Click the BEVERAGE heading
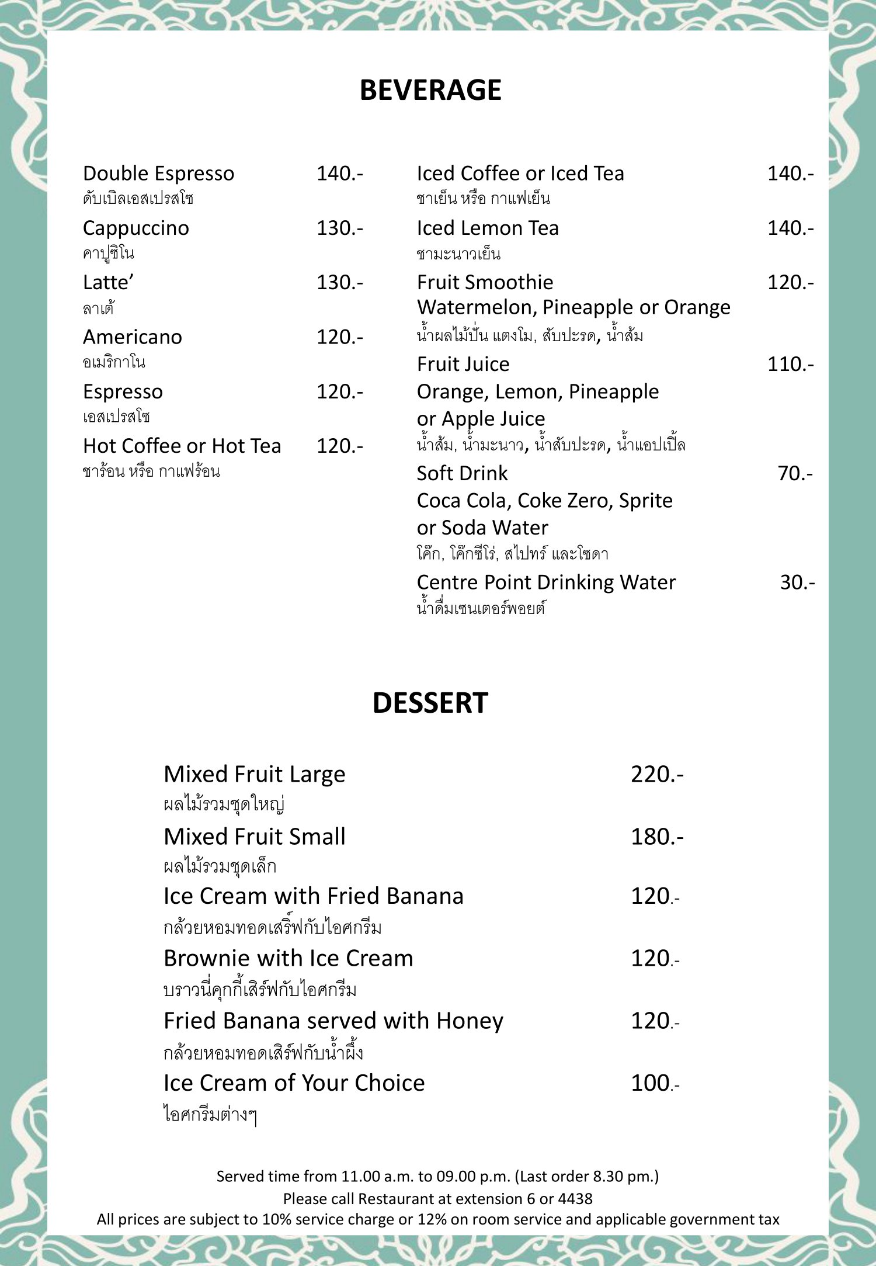[430, 91]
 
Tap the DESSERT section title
[430, 703]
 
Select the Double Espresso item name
[158, 174]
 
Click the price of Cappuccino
[339, 228]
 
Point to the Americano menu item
[133, 337]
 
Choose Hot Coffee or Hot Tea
[182, 446]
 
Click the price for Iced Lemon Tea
[790, 228]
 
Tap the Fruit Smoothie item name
[485, 283]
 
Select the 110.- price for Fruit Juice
[790, 365]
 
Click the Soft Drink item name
[462, 473]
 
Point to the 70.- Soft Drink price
[795, 473]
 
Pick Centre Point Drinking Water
[546, 582]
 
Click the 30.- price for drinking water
[797, 582]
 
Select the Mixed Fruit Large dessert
[254, 775]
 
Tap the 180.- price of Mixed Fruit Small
[656, 837]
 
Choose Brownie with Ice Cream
[288, 959]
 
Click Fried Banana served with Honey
[333, 1021]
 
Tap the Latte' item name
[109, 283]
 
